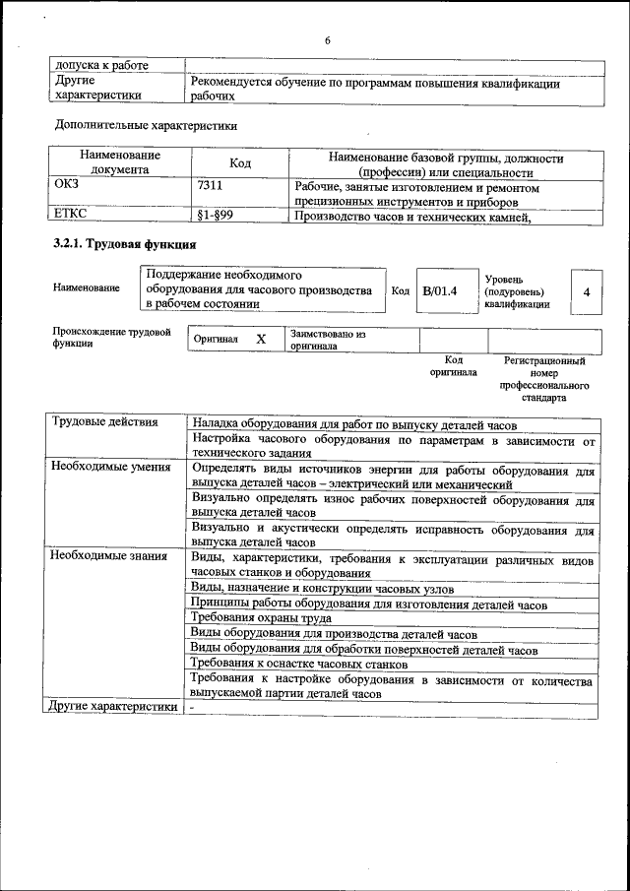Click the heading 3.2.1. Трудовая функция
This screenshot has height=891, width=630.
tap(124, 244)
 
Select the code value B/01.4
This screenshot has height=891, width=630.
tap(439, 290)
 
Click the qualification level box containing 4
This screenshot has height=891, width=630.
tap(587, 292)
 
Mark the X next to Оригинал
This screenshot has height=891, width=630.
tap(261, 339)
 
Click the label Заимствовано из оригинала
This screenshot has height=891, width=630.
tap(327, 340)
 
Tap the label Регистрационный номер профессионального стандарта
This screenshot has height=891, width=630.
tap(543, 380)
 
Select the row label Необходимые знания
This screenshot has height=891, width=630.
tap(109, 557)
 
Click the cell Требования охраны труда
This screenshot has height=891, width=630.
tap(261, 617)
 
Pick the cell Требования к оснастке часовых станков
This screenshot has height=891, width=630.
tap(295, 665)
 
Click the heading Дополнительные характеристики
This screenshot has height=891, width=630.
tap(147, 125)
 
